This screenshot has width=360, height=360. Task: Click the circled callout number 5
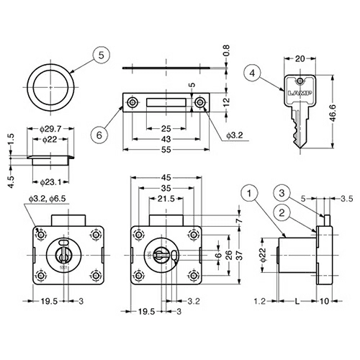coord(102,55)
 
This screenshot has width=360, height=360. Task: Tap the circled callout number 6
coord(99,135)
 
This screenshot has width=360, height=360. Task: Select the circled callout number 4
coord(252,73)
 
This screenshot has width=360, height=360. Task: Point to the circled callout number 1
coord(250,193)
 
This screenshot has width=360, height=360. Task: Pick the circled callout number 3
coord(282,193)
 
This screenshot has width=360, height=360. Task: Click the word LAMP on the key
coord(300,93)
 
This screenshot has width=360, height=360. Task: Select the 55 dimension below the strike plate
coord(166,150)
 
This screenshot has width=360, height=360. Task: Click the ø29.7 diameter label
coord(50,129)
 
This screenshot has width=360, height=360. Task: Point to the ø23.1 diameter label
coord(50,182)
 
